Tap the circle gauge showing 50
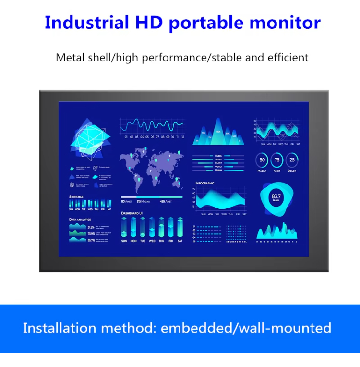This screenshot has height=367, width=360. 262,160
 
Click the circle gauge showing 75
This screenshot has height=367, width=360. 276,160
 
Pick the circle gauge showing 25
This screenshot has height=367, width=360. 291,160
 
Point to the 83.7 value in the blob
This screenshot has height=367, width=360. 276,196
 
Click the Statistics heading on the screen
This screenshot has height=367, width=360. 76,196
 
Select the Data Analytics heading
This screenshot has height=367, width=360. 80,220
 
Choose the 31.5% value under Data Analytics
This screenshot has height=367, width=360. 91,227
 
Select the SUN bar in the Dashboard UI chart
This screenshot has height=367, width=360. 124,228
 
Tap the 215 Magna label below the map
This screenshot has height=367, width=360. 144,202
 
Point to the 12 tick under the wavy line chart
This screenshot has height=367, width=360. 182,137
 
